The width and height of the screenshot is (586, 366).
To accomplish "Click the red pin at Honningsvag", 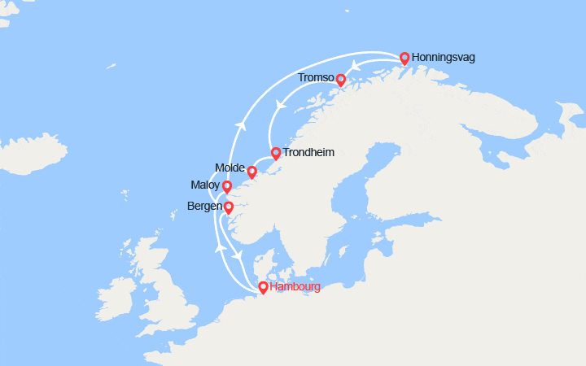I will tap(405, 58).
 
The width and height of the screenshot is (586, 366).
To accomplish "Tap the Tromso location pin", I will tap(341, 80).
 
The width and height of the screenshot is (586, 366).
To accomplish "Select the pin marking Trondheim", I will tap(276, 153).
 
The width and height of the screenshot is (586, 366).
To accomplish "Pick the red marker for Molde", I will tap(251, 172).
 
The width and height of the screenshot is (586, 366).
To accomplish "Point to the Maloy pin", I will tap(227, 186).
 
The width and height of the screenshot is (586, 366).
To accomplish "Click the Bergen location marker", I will tap(229, 207).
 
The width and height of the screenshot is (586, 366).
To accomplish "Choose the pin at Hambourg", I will tap(263, 287).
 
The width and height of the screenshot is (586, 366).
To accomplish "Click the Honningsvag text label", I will tap(444, 58).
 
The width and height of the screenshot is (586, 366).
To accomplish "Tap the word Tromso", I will tap(316, 78).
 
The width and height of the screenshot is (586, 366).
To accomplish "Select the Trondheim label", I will tap(308, 151).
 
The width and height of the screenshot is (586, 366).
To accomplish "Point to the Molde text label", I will tap(230, 168).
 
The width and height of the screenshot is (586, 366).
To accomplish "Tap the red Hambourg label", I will tap(295, 287).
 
